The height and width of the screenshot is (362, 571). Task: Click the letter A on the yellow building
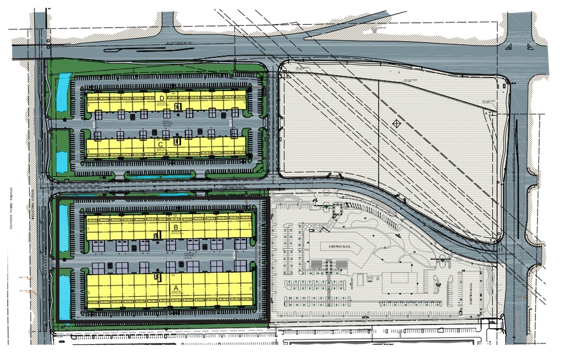click(x=176, y=287)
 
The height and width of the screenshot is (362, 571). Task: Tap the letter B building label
click(x=176, y=227)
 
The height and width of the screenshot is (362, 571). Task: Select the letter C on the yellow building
click(x=160, y=144)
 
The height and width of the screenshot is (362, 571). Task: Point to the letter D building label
click(x=162, y=99)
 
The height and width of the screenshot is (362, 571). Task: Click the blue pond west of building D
click(x=63, y=94)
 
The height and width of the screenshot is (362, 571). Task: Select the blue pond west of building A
click(x=63, y=296)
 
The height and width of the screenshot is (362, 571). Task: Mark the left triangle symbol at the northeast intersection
click(x=508, y=48)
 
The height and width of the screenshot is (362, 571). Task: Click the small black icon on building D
click(x=177, y=107)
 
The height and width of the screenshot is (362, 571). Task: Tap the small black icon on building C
click(x=177, y=141)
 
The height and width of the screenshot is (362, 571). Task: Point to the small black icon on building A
click(x=158, y=278)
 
